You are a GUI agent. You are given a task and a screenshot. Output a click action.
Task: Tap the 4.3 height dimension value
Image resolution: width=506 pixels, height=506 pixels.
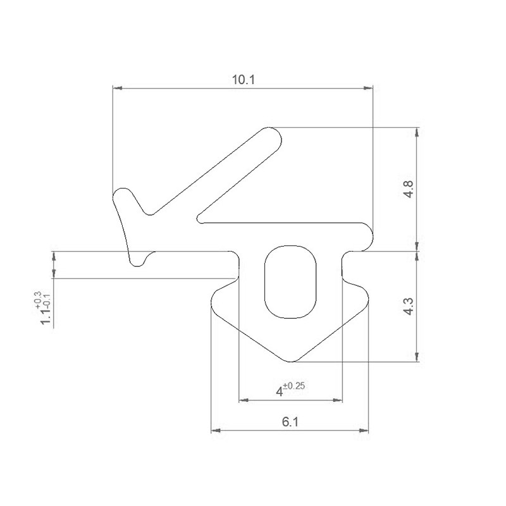click(x=407, y=307)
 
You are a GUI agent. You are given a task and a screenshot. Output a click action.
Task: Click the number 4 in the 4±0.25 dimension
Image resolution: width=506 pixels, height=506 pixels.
click(x=278, y=392)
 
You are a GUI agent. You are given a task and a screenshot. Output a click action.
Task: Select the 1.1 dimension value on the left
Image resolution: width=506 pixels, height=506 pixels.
click(x=46, y=314)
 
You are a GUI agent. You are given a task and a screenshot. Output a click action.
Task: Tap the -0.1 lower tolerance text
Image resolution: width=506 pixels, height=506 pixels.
click(x=46, y=298)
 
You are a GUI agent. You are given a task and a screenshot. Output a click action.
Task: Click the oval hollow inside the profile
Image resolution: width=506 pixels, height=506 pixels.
click(x=289, y=281)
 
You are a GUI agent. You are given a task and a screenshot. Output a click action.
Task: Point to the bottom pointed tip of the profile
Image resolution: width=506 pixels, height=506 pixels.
click(x=290, y=361)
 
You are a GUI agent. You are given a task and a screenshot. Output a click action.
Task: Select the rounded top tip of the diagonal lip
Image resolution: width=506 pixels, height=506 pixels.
click(x=272, y=135)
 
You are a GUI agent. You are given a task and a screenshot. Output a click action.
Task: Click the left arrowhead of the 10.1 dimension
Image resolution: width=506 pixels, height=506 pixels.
click(x=117, y=89)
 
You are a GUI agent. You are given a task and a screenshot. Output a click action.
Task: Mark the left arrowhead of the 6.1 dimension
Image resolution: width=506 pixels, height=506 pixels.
click(x=214, y=431)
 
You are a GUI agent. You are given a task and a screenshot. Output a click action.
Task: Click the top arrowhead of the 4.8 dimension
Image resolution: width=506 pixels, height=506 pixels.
click(x=416, y=132)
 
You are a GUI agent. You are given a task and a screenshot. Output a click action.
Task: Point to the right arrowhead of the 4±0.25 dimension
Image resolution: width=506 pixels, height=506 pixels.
click(x=338, y=400)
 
